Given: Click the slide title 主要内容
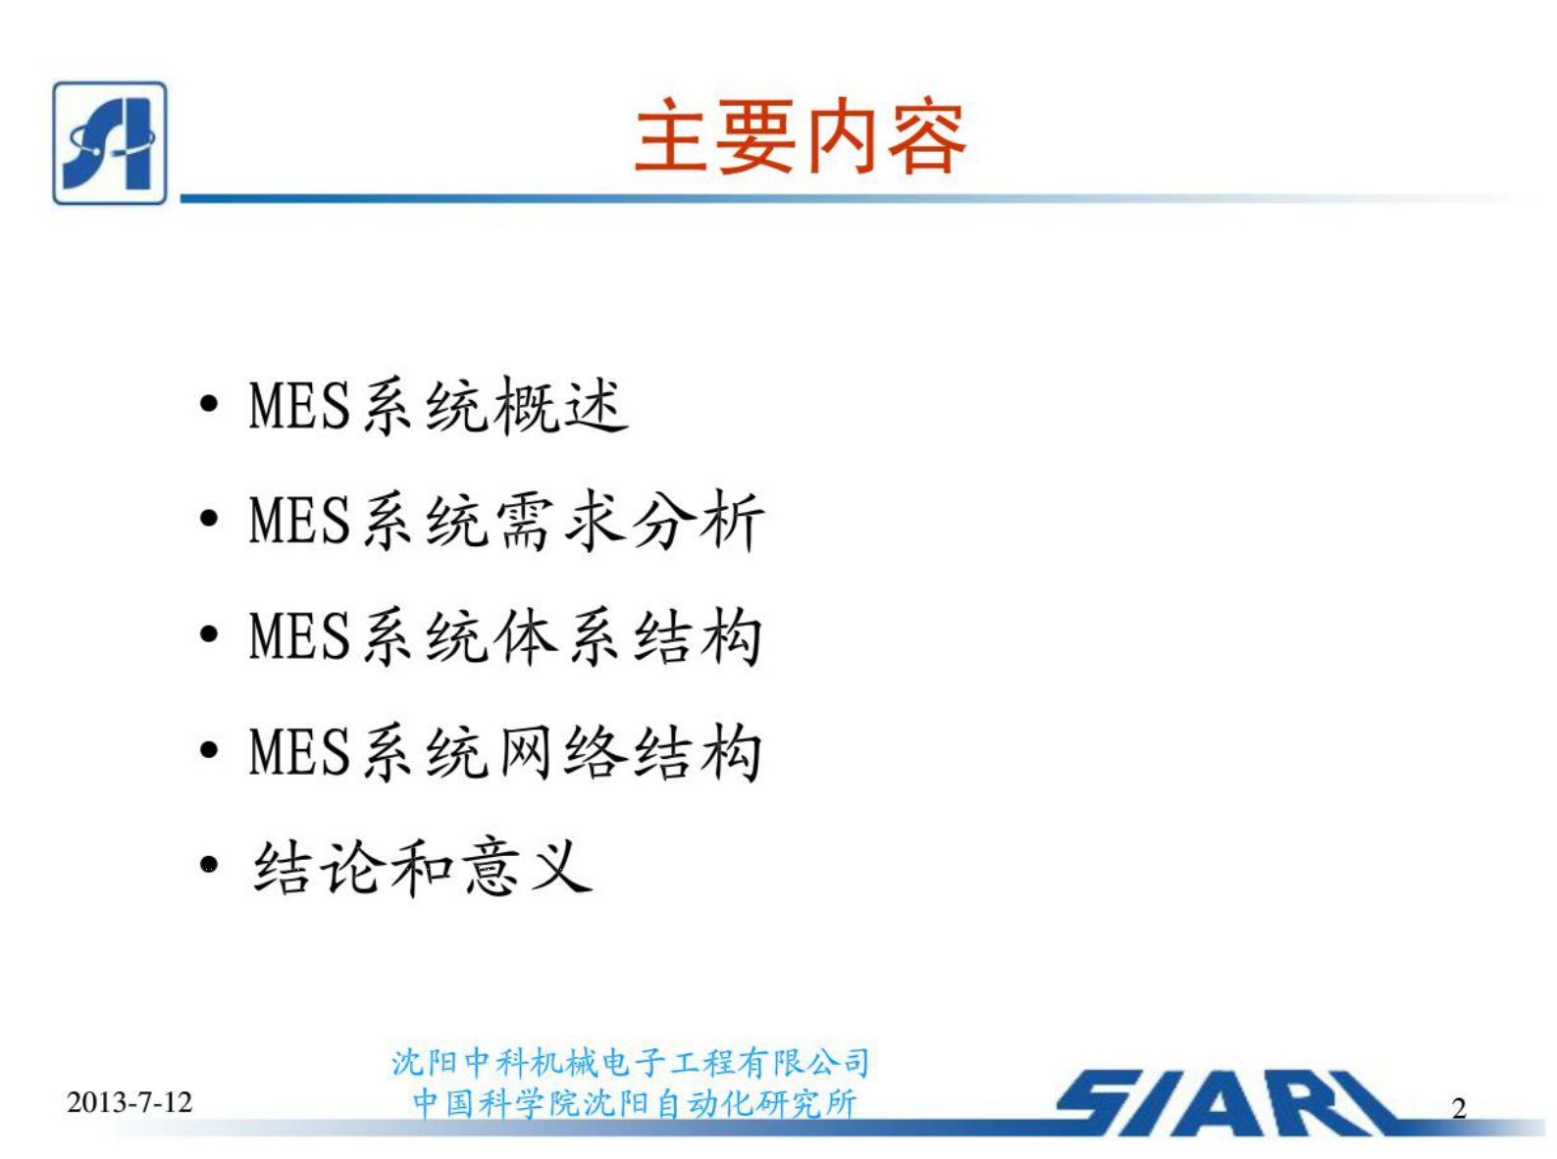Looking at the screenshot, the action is [801, 137].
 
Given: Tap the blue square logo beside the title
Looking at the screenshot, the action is [110, 143].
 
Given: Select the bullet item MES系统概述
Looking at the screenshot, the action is [439, 405].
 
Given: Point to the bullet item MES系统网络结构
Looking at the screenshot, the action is [505, 752].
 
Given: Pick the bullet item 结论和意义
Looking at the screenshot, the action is [423, 867].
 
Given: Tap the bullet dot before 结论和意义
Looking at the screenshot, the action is [209, 867].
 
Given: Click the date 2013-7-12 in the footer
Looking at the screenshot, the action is [130, 1102].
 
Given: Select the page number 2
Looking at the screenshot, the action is [1459, 1109].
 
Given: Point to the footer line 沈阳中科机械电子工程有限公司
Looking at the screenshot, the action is [631, 1063].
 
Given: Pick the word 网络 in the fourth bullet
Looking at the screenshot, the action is [560, 752].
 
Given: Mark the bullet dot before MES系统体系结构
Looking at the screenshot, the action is [209, 635].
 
